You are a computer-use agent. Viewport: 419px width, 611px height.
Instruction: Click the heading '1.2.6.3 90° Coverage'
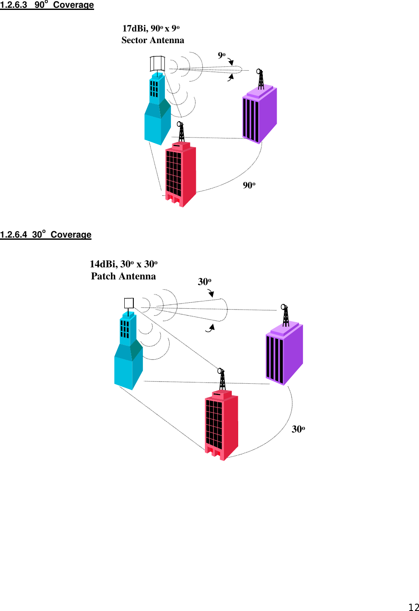[x=47, y=5]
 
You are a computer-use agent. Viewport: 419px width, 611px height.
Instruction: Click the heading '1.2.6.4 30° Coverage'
[x=46, y=235]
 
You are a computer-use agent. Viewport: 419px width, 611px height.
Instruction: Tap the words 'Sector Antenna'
[x=153, y=40]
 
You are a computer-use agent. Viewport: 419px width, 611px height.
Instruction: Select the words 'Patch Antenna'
[x=123, y=276]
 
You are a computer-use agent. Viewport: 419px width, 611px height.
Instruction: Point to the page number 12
[x=413, y=607]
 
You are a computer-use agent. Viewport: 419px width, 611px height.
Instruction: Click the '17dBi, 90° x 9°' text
[x=151, y=28]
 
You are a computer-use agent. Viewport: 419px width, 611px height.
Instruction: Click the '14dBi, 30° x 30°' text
[x=123, y=264]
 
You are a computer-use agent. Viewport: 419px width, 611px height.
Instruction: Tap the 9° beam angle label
[x=221, y=55]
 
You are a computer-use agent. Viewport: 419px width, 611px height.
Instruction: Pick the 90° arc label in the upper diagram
[x=249, y=185]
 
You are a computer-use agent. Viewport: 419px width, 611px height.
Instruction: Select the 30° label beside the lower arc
[x=298, y=429]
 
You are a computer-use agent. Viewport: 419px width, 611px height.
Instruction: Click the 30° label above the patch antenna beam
[x=204, y=282]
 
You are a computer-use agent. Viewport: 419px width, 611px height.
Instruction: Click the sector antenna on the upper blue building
[x=158, y=64]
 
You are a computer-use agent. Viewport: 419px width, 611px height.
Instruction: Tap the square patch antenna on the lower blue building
[x=129, y=303]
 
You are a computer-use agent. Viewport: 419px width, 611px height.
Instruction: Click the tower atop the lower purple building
[x=285, y=315]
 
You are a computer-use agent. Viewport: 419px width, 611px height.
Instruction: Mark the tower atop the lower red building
[x=222, y=379]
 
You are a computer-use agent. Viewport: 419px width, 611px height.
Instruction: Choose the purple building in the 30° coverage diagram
[x=284, y=354]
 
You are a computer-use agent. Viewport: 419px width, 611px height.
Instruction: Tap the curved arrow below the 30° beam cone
[x=210, y=329]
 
